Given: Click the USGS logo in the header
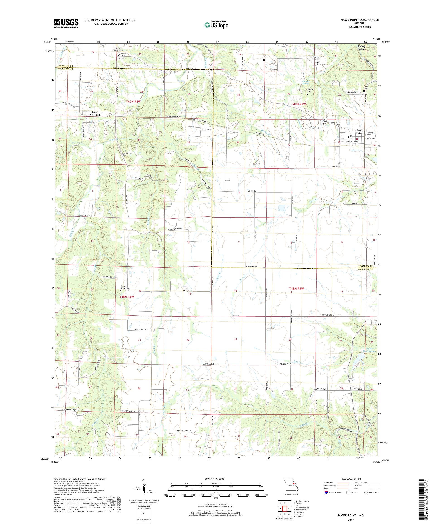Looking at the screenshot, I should tap(66, 24).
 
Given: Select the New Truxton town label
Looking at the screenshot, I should tap(95, 113).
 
